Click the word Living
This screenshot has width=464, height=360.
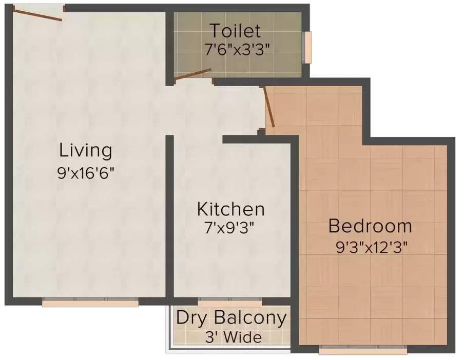pos(85,151)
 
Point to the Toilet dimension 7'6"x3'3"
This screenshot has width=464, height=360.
pos(237,50)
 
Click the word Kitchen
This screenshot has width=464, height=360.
pos(231,209)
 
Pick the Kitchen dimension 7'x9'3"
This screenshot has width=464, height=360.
pos(229,228)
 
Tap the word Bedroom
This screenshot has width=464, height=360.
pos(370,226)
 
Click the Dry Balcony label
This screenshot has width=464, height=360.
pos(231,318)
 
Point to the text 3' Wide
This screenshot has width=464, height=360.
pos(233,338)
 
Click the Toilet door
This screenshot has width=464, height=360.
pos(192,75)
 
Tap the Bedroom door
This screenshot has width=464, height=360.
pos(268,107)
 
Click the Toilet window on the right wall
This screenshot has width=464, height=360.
pos(308,47)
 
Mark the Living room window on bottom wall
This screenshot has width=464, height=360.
pos(90,303)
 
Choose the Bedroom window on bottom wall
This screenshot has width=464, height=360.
pos(363,351)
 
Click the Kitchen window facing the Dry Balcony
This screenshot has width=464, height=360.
pos(229,303)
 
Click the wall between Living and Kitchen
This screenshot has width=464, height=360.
pos(169,215)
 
